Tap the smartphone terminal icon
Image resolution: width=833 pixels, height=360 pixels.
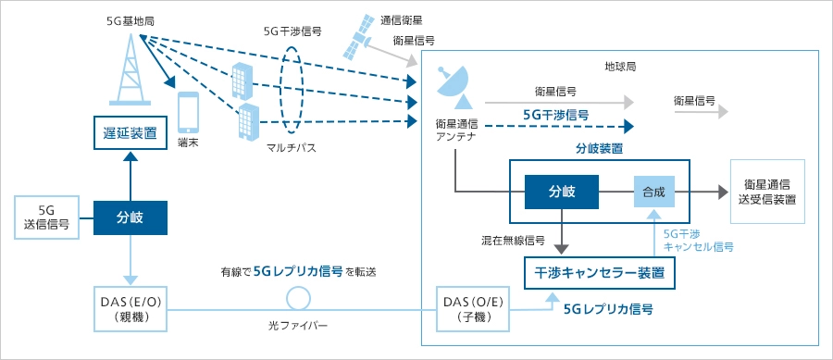(x=188, y=113)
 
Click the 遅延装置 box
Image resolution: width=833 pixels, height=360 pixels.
(x=131, y=132)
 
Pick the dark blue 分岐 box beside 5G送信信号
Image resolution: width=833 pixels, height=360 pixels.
(x=131, y=217)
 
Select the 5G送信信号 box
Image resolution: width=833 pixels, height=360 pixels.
(x=47, y=217)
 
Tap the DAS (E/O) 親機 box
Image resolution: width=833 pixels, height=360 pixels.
(x=131, y=308)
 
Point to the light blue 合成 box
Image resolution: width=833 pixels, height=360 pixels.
(x=655, y=192)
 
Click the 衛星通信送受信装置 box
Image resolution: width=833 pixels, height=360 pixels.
(x=767, y=192)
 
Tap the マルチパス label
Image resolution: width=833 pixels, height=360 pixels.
(x=292, y=148)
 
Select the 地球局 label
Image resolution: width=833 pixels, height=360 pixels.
(x=620, y=68)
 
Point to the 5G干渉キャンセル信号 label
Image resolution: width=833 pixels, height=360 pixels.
(x=699, y=241)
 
